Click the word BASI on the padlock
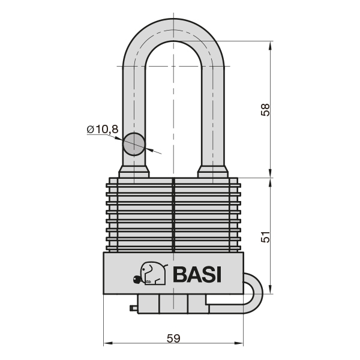pyautogui.click(x=197, y=274)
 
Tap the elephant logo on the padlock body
pyautogui.click(x=150, y=274)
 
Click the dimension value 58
pyautogui.click(x=266, y=109)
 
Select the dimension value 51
pyautogui.click(x=266, y=237)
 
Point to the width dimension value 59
pyautogui.click(x=173, y=338)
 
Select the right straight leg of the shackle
pyautogui.click(x=214, y=108)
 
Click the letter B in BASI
pyautogui.click(x=180, y=274)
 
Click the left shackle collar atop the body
pyautogui.click(x=134, y=173)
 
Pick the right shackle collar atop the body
pyautogui.click(x=214, y=173)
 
